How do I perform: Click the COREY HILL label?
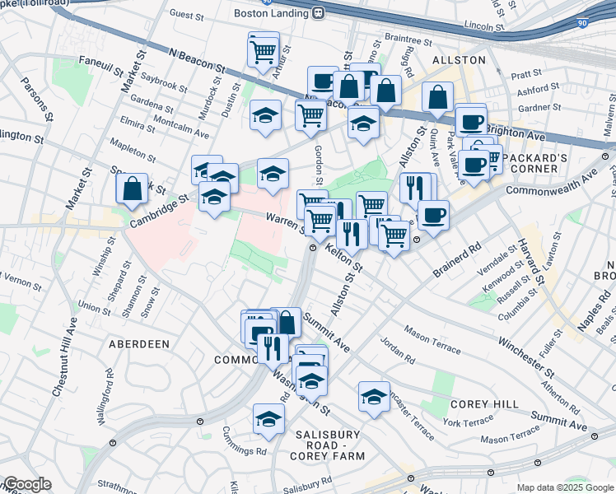(484, 404)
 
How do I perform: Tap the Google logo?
(26, 484)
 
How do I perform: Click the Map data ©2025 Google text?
(565, 487)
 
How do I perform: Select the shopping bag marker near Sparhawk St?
(132, 189)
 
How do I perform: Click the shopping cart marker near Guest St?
(264, 51)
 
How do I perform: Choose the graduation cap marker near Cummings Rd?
(268, 419)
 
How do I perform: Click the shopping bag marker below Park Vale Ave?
(438, 96)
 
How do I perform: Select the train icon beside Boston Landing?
(316, 14)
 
